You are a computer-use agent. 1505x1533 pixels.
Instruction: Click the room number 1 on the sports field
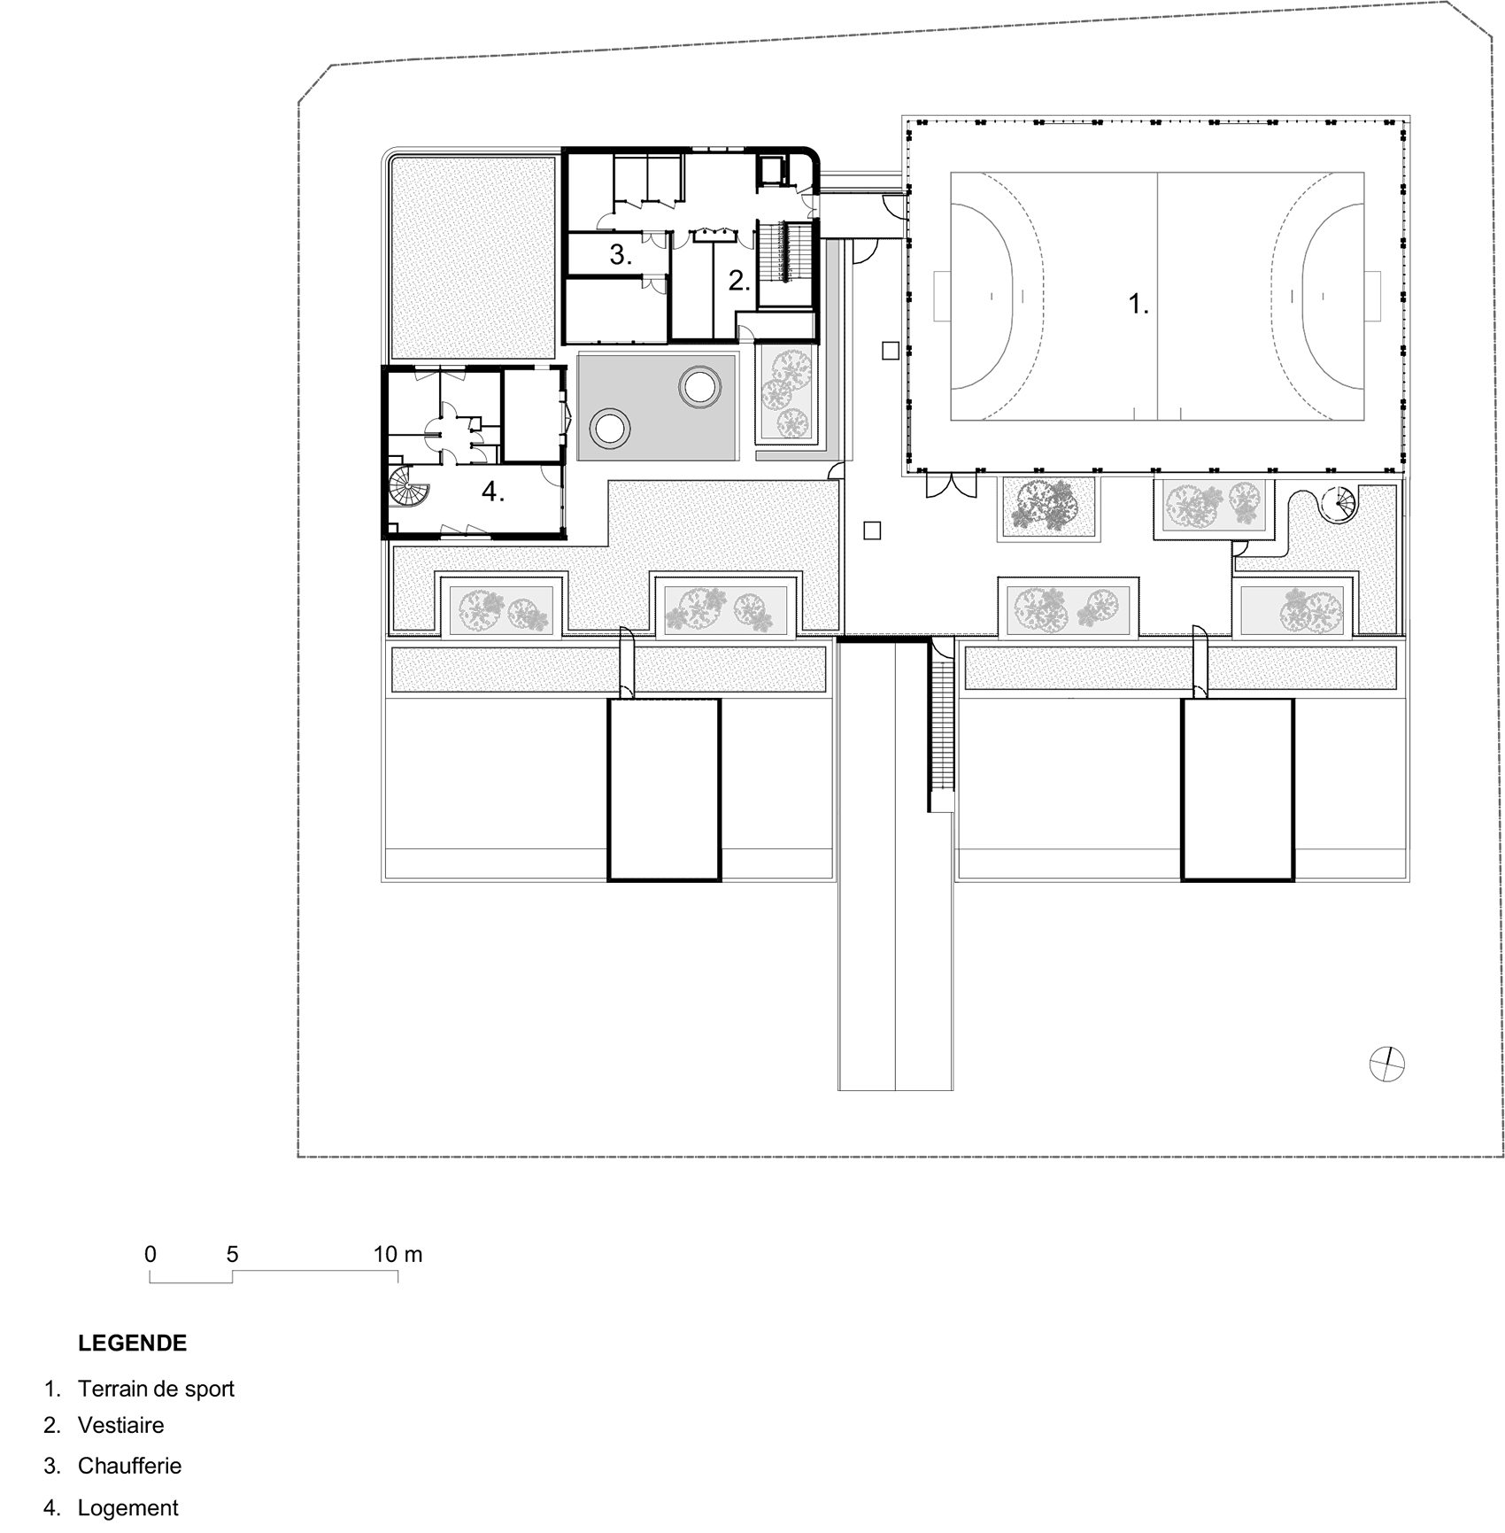tap(1138, 305)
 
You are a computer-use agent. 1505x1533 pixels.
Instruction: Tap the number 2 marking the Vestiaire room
tap(739, 281)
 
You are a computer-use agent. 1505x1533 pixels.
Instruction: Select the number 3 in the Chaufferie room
tap(621, 255)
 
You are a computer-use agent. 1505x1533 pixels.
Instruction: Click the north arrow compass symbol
tap(1386, 1064)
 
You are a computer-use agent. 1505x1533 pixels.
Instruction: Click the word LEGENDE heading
tap(133, 1343)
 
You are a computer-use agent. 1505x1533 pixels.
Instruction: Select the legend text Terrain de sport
tap(156, 1388)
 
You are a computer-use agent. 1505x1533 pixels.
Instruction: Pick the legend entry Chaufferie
tap(129, 1465)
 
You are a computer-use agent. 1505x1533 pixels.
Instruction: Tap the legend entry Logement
tap(128, 1507)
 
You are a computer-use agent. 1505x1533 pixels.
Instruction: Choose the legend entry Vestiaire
tap(121, 1425)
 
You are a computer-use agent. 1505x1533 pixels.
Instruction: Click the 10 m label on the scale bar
tap(397, 1254)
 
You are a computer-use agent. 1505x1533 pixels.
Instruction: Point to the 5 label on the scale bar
tap(232, 1254)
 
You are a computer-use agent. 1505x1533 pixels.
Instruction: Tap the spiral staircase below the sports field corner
tap(1339, 505)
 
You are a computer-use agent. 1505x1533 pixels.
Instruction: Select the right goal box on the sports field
tap(1373, 296)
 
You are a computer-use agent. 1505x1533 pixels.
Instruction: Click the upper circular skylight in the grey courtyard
tap(698, 386)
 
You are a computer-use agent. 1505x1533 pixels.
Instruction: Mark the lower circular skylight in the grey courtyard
tap(610, 429)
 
